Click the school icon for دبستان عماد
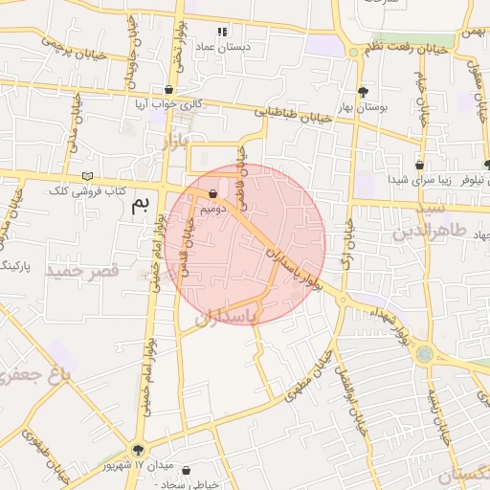pos(223,31)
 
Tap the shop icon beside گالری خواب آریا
pos(168,90)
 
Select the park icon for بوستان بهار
pos(363,92)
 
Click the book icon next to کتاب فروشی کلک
pos(88,176)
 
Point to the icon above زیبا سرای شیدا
pos(419,164)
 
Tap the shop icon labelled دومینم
pos(212,193)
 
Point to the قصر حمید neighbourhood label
pos(87,272)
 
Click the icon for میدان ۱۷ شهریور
pos(139,450)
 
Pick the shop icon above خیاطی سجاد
pos(185,471)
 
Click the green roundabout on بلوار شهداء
pos(422,355)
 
